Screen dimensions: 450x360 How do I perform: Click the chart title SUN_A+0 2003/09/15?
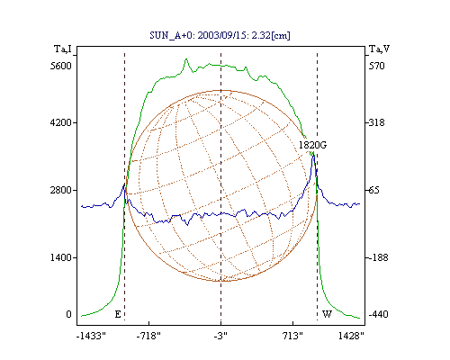(220, 35)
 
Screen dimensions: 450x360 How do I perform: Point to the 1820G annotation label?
(312, 145)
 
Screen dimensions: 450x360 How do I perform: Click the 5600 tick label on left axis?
(61, 66)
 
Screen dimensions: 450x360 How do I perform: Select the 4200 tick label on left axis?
(61, 122)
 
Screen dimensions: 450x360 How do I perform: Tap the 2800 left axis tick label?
(61, 190)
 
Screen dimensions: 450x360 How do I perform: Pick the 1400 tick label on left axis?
(61, 257)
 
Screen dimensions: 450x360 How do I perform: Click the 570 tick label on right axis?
(376, 66)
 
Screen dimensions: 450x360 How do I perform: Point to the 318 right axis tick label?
(376, 122)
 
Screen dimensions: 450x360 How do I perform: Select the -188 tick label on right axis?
(378, 257)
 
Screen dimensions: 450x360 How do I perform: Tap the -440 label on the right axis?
(378, 314)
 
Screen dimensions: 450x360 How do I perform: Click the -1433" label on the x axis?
(91, 336)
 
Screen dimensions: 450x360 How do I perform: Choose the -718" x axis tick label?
(148, 336)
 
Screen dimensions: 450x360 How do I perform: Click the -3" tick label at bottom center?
(220, 336)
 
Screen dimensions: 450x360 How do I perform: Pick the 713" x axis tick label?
(293, 336)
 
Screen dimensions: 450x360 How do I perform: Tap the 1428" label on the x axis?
(351, 336)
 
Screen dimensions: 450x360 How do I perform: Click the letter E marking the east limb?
(118, 314)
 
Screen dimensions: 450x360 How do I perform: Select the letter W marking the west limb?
(327, 314)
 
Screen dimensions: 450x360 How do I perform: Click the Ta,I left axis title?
(63, 49)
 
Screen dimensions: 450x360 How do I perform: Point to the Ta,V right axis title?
(379, 49)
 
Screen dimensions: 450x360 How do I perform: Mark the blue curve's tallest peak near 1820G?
(313, 153)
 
